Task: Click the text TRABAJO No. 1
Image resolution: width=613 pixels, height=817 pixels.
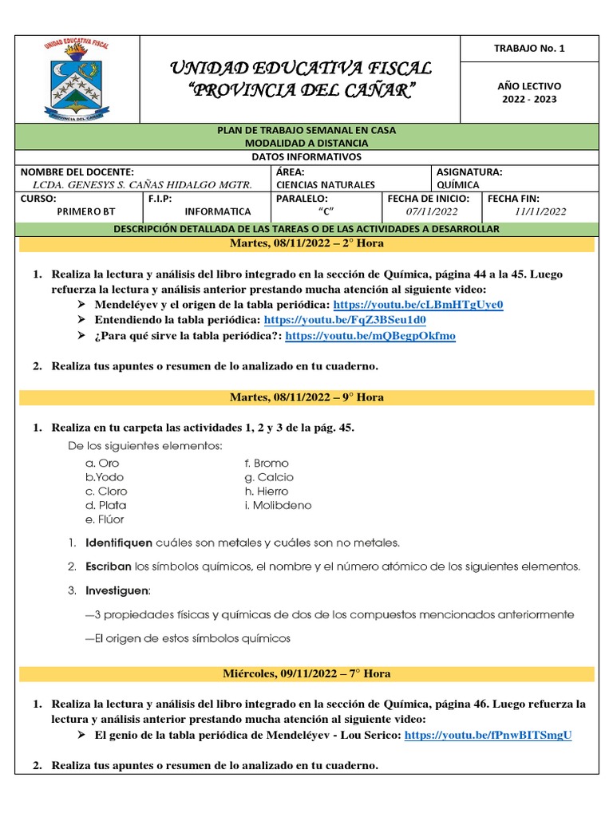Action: tap(529, 49)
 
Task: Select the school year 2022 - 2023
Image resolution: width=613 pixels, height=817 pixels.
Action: tap(529, 100)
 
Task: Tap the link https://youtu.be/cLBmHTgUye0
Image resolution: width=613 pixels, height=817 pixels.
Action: tap(418, 305)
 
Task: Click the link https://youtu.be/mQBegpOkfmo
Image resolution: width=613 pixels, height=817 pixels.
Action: tap(370, 336)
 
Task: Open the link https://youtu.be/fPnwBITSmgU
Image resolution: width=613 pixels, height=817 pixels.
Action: tap(488, 735)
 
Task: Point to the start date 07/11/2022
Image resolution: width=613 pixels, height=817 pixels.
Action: tap(432, 211)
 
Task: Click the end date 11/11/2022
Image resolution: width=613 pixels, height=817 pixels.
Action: tap(540, 211)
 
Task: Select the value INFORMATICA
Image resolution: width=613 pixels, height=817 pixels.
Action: tap(217, 211)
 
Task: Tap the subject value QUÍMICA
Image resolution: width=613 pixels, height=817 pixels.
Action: tap(458, 185)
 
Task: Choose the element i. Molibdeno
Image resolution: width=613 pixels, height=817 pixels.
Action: tap(278, 505)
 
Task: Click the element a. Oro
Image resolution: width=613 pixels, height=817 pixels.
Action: tap(102, 463)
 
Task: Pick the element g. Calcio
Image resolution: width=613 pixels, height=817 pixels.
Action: tap(269, 477)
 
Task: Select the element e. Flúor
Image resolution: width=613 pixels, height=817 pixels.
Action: tap(105, 519)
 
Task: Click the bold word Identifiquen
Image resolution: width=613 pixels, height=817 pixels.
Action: tap(118, 543)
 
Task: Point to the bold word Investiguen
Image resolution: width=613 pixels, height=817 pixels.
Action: tap(117, 590)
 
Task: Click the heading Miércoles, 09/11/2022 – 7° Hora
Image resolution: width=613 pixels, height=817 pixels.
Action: tap(306, 673)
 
